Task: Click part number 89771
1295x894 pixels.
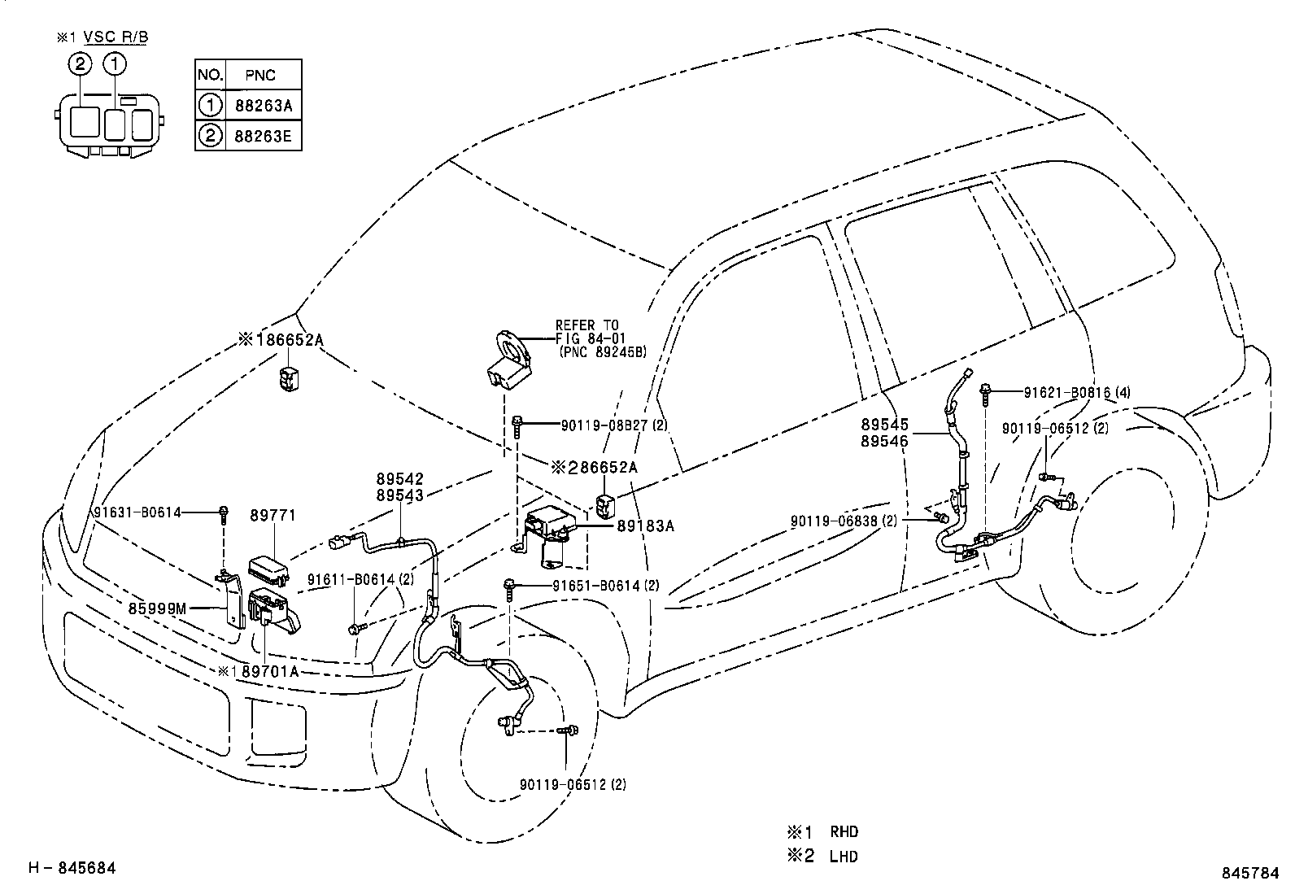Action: point(273,516)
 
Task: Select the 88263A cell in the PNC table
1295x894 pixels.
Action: point(262,105)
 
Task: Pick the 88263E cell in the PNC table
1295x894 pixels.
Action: point(262,136)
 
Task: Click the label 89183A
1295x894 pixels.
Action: point(646,526)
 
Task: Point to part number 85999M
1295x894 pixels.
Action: point(157,607)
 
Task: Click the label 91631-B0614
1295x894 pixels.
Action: point(137,512)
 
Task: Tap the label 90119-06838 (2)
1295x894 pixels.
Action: point(844,521)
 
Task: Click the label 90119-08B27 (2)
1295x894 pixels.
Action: point(614,425)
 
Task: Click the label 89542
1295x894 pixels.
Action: point(399,481)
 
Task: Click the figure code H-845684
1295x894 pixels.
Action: point(72,869)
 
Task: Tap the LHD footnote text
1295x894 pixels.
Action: point(844,856)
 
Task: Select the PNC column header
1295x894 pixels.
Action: point(260,75)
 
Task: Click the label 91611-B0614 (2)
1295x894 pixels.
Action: point(360,579)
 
